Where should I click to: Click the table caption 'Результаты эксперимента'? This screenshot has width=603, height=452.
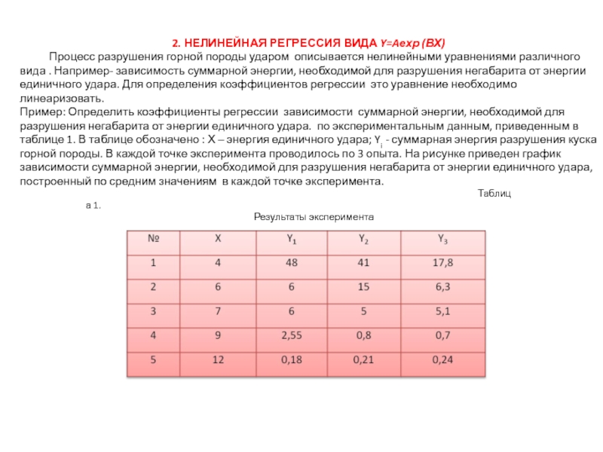click(x=314, y=216)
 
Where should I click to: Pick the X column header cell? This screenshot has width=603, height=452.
click(x=219, y=240)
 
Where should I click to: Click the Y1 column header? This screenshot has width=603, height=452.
click(x=291, y=240)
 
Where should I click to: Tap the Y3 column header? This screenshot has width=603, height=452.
click(x=443, y=240)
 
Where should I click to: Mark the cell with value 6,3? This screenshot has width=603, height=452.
click(x=443, y=287)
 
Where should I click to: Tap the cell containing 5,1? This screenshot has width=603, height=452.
click(x=443, y=311)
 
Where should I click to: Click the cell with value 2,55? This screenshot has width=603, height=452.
click(x=291, y=335)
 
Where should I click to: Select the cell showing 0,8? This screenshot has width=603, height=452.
click(x=364, y=335)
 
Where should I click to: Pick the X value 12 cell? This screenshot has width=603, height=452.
click(x=219, y=360)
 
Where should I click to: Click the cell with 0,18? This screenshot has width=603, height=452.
click(x=291, y=360)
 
